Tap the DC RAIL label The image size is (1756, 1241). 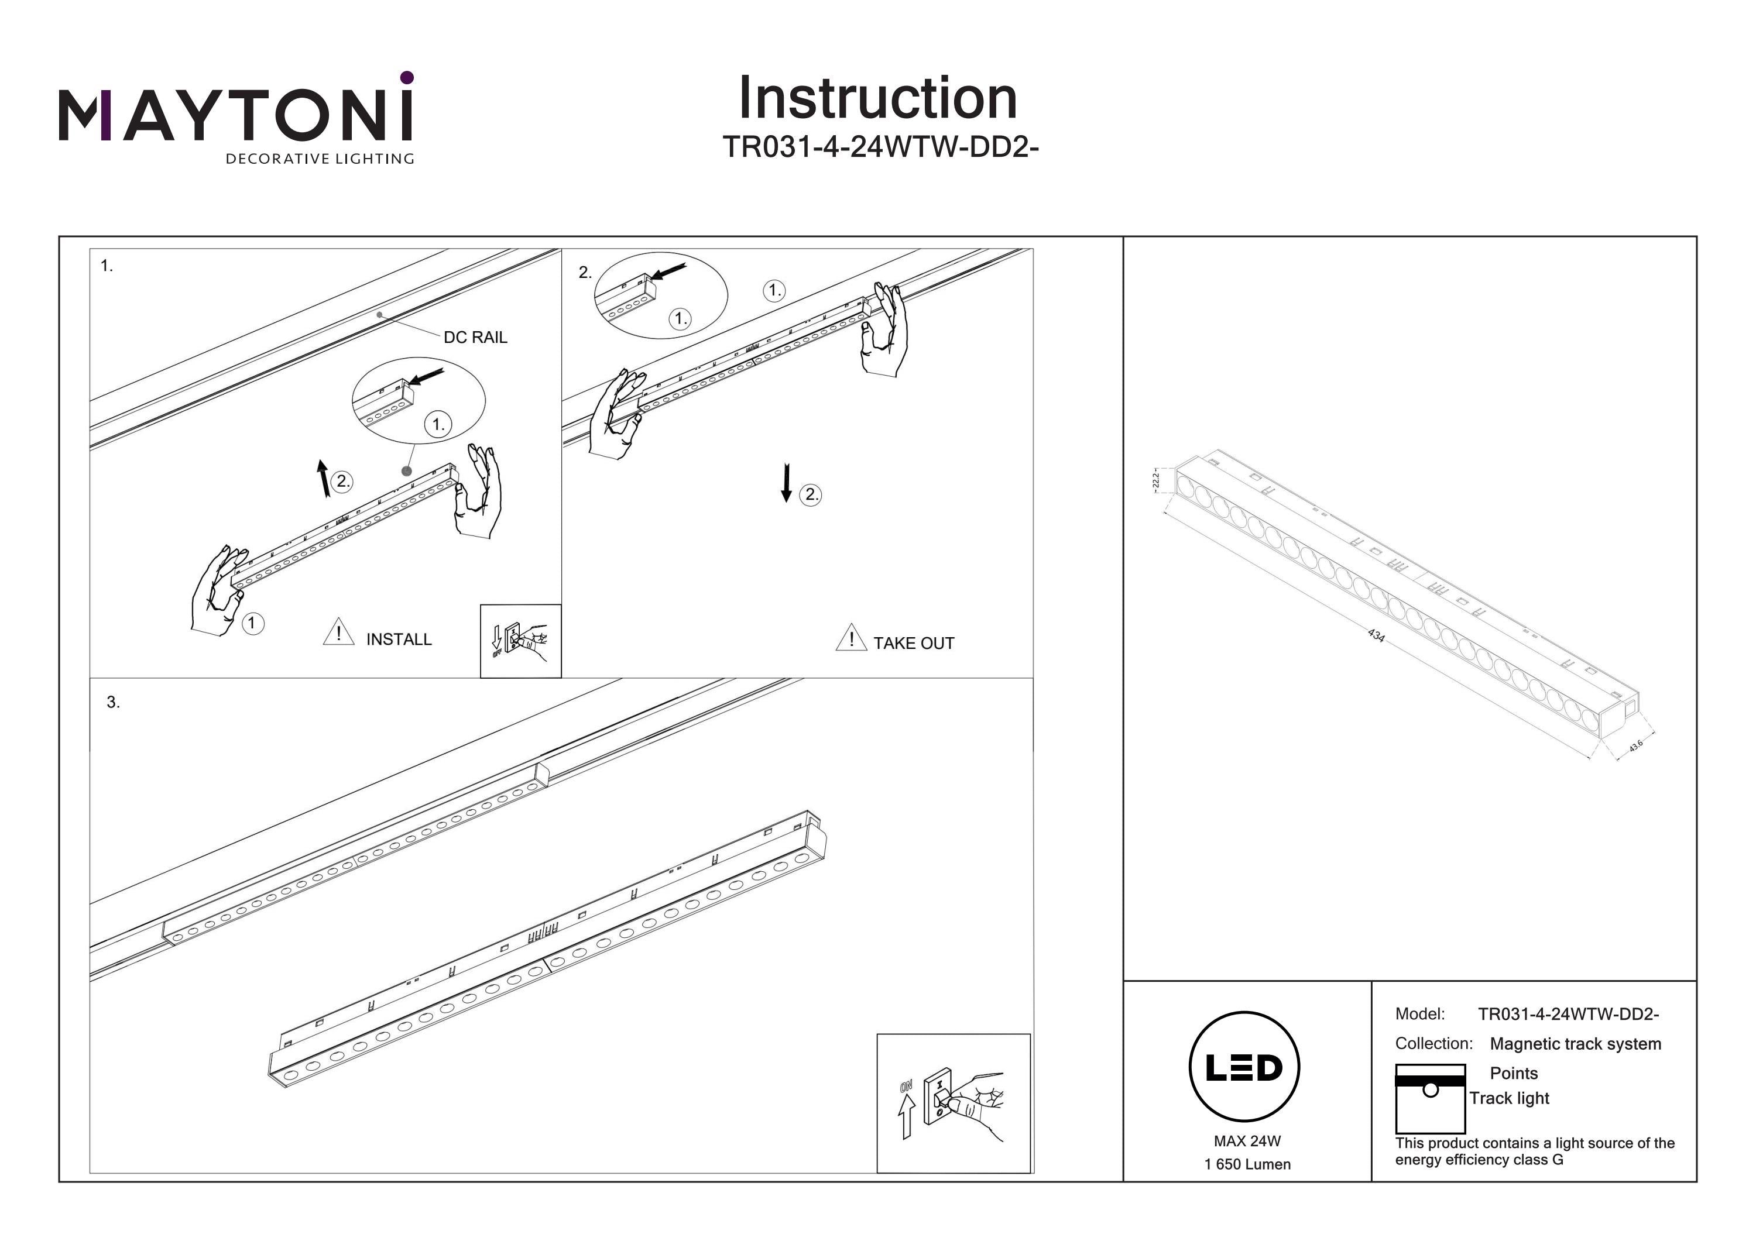(x=475, y=337)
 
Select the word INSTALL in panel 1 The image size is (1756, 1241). (x=399, y=640)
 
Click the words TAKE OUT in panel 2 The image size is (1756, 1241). (x=913, y=643)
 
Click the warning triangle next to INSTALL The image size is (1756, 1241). (x=338, y=633)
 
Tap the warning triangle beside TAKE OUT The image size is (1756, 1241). (x=850, y=638)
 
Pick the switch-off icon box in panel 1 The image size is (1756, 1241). (x=520, y=641)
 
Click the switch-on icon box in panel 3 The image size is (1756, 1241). (x=953, y=1102)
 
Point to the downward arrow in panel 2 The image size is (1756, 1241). (x=786, y=483)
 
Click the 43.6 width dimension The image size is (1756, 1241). (x=1636, y=745)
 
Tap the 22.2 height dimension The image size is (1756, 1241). (x=1155, y=480)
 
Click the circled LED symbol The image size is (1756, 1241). (x=1244, y=1067)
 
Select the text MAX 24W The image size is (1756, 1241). (x=1247, y=1141)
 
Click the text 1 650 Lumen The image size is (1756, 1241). (x=1247, y=1164)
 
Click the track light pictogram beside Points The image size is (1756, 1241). (x=1429, y=1099)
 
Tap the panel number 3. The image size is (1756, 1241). (x=113, y=702)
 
